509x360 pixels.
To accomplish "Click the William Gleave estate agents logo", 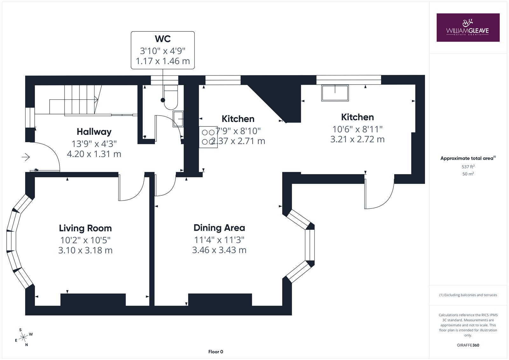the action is click(x=468, y=27).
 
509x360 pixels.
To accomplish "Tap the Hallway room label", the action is click(x=94, y=132).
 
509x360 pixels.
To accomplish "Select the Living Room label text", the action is click(x=85, y=228).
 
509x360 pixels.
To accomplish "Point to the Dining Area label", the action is click(x=219, y=228).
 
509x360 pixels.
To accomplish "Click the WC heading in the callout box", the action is click(x=163, y=39).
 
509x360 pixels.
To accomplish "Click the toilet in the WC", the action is click(x=171, y=97).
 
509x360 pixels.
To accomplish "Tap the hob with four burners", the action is click(x=208, y=137).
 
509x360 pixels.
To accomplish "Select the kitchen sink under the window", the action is click(x=335, y=93).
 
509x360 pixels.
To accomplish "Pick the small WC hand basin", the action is click(x=178, y=119).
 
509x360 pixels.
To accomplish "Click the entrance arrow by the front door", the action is click(x=26, y=157).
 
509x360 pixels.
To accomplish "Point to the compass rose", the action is click(x=24, y=337).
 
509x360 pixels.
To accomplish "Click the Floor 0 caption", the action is click(x=216, y=352).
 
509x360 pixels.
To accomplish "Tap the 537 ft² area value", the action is click(x=468, y=166).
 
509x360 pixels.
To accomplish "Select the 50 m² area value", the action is click(x=468, y=174).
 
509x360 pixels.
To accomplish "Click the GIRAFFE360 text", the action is click(x=468, y=345).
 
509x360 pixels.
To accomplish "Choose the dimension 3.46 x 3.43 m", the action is click(x=219, y=250).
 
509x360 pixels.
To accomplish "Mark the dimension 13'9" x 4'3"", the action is click(x=94, y=144).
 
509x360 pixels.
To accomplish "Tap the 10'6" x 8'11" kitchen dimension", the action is click(x=358, y=129).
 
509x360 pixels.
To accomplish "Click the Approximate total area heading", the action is click(x=468, y=158).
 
